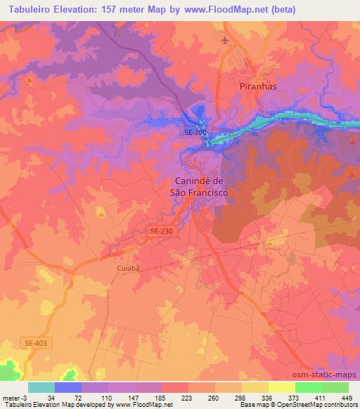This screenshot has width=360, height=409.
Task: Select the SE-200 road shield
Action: (195, 131)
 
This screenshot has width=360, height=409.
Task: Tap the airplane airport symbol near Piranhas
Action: (225, 40)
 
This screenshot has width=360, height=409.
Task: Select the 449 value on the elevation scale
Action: (347, 397)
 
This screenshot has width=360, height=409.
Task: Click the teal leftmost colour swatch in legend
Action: (41, 387)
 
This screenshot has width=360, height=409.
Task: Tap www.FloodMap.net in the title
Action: (229, 10)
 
